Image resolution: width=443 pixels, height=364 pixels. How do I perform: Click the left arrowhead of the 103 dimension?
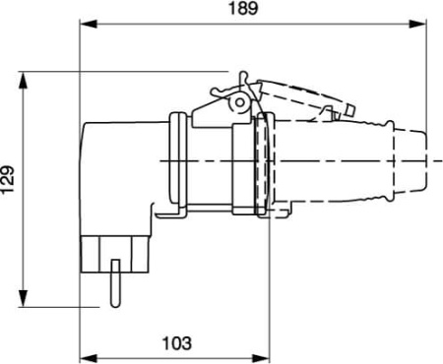point(85,354)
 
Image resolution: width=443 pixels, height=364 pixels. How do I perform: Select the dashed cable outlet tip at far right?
point(425,158)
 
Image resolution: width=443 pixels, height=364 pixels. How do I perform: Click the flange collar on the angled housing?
point(177,162)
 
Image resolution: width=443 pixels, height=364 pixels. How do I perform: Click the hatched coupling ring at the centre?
point(261,163)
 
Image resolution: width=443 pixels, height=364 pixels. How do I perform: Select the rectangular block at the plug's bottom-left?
point(115,250)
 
